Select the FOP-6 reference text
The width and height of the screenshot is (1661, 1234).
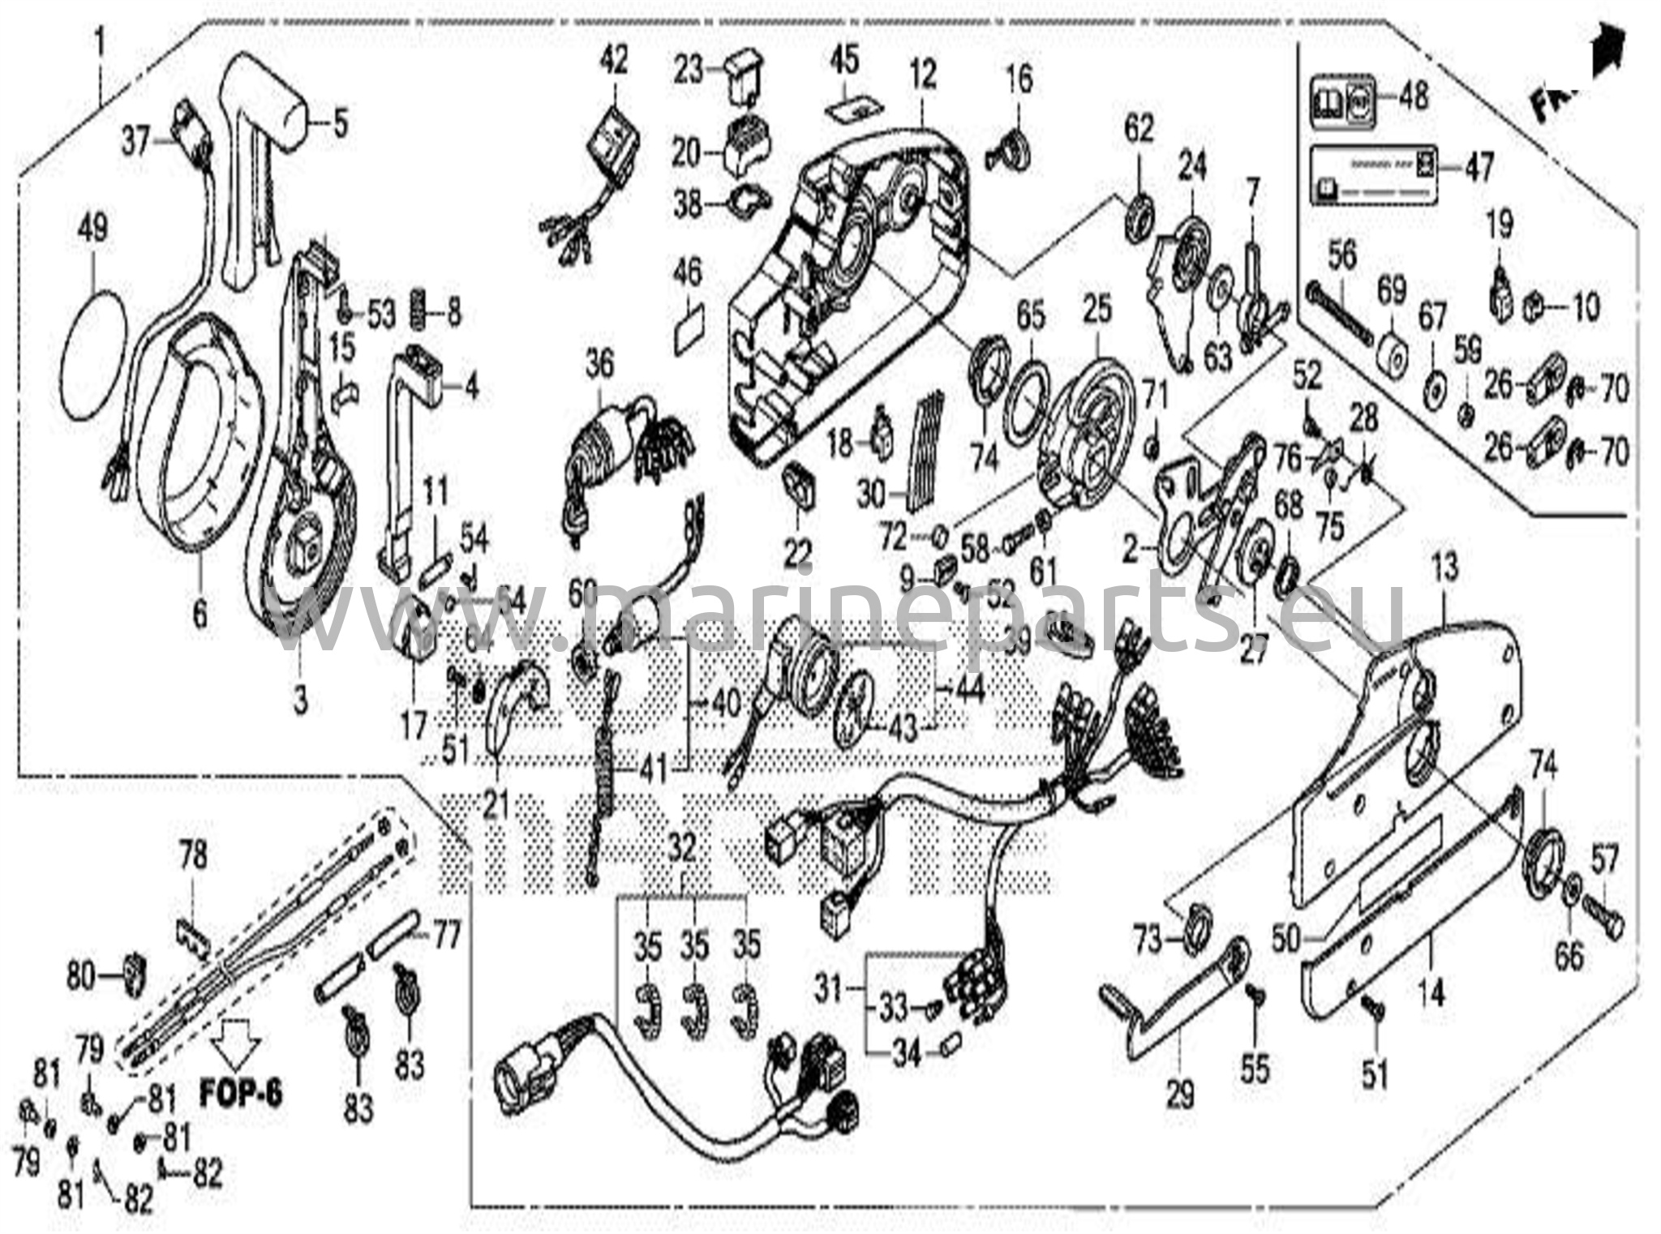click(x=241, y=1095)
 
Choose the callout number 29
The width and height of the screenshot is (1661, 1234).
click(x=1180, y=1095)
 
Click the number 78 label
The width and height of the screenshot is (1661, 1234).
click(x=193, y=855)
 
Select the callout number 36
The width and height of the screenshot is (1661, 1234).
click(x=600, y=364)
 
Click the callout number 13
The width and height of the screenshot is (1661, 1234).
click(x=1444, y=567)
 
